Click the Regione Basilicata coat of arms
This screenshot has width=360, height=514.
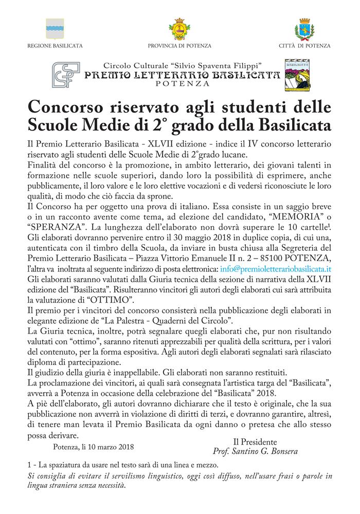[x=54, y=28]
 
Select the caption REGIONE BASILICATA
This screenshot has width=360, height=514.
[x=55, y=46]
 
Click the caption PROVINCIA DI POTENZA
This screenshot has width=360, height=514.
[x=179, y=46]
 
